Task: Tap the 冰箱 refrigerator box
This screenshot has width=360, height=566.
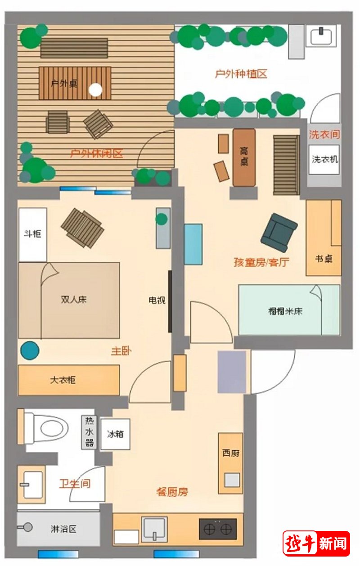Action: (x=115, y=434)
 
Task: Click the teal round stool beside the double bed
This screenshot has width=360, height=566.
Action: (x=29, y=350)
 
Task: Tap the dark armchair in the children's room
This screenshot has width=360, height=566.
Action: (x=279, y=232)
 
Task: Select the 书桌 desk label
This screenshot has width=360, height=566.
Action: (x=324, y=259)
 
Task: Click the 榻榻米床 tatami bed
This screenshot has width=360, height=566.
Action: (x=289, y=310)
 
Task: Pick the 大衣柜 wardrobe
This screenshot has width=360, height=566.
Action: (x=68, y=380)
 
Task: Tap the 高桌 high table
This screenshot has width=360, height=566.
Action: (x=244, y=157)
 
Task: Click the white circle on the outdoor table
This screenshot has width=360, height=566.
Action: (x=95, y=90)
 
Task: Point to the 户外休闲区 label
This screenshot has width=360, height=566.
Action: (x=97, y=154)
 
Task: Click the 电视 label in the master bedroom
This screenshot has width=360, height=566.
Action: (x=157, y=300)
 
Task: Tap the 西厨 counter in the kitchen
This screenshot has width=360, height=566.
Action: (x=230, y=463)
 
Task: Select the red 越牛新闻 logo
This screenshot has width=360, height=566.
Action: (x=316, y=544)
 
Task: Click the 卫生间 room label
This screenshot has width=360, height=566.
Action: (x=75, y=484)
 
